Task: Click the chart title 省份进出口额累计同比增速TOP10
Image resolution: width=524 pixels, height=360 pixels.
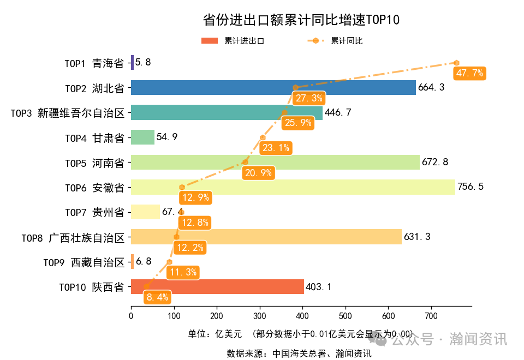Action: pyautogui.click(x=301, y=20)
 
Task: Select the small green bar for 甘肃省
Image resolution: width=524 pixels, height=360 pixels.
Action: pyautogui.click(x=142, y=137)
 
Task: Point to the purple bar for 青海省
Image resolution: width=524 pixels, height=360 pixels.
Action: pyautogui.click(x=132, y=63)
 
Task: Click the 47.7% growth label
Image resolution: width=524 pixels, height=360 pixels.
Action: pyautogui.click(x=469, y=73)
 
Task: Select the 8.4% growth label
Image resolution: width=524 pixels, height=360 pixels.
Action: pyautogui.click(x=157, y=297)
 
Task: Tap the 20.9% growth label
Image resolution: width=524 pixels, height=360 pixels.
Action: pyautogui.click(x=259, y=173)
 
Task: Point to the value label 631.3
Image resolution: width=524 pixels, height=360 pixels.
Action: pyautogui.click(x=417, y=237)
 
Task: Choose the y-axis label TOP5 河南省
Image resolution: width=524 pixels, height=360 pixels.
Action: pyautogui.click(x=94, y=163)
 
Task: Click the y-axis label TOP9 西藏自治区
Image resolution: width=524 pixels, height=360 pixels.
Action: pyautogui.click(x=84, y=262)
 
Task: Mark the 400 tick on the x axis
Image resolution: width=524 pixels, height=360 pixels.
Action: pyautogui.click(x=302, y=316)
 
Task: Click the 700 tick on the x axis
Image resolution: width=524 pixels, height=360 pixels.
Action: pyautogui.click(x=431, y=316)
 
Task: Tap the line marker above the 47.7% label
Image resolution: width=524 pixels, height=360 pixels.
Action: pyautogui.click(x=456, y=63)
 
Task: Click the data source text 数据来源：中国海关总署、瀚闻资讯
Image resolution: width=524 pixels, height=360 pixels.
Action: pyautogui.click(x=299, y=353)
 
